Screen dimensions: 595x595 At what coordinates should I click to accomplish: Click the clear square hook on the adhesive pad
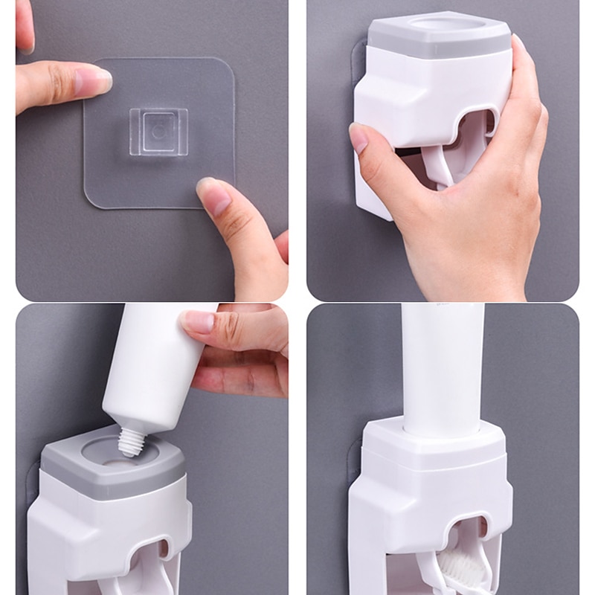158,131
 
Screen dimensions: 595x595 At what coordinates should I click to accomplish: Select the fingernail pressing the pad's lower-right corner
213,196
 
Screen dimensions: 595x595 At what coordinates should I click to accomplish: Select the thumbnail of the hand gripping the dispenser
358,138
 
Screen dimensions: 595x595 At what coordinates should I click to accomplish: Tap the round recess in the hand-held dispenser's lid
440,24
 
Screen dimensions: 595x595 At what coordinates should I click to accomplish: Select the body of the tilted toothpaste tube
152,368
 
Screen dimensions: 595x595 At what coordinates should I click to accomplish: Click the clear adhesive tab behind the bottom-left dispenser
32,483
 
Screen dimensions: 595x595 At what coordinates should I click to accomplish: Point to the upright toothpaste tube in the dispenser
443,368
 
